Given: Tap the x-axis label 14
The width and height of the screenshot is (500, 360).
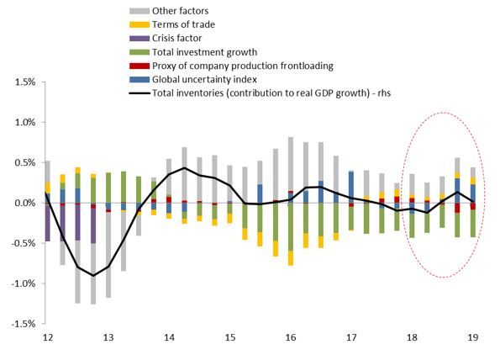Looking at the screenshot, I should [170, 337].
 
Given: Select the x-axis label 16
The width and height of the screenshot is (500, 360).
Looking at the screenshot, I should [290, 337].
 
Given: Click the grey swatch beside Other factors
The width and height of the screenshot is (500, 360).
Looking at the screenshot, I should [140, 9].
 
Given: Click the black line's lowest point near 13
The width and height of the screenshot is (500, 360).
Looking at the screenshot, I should [93, 275].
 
